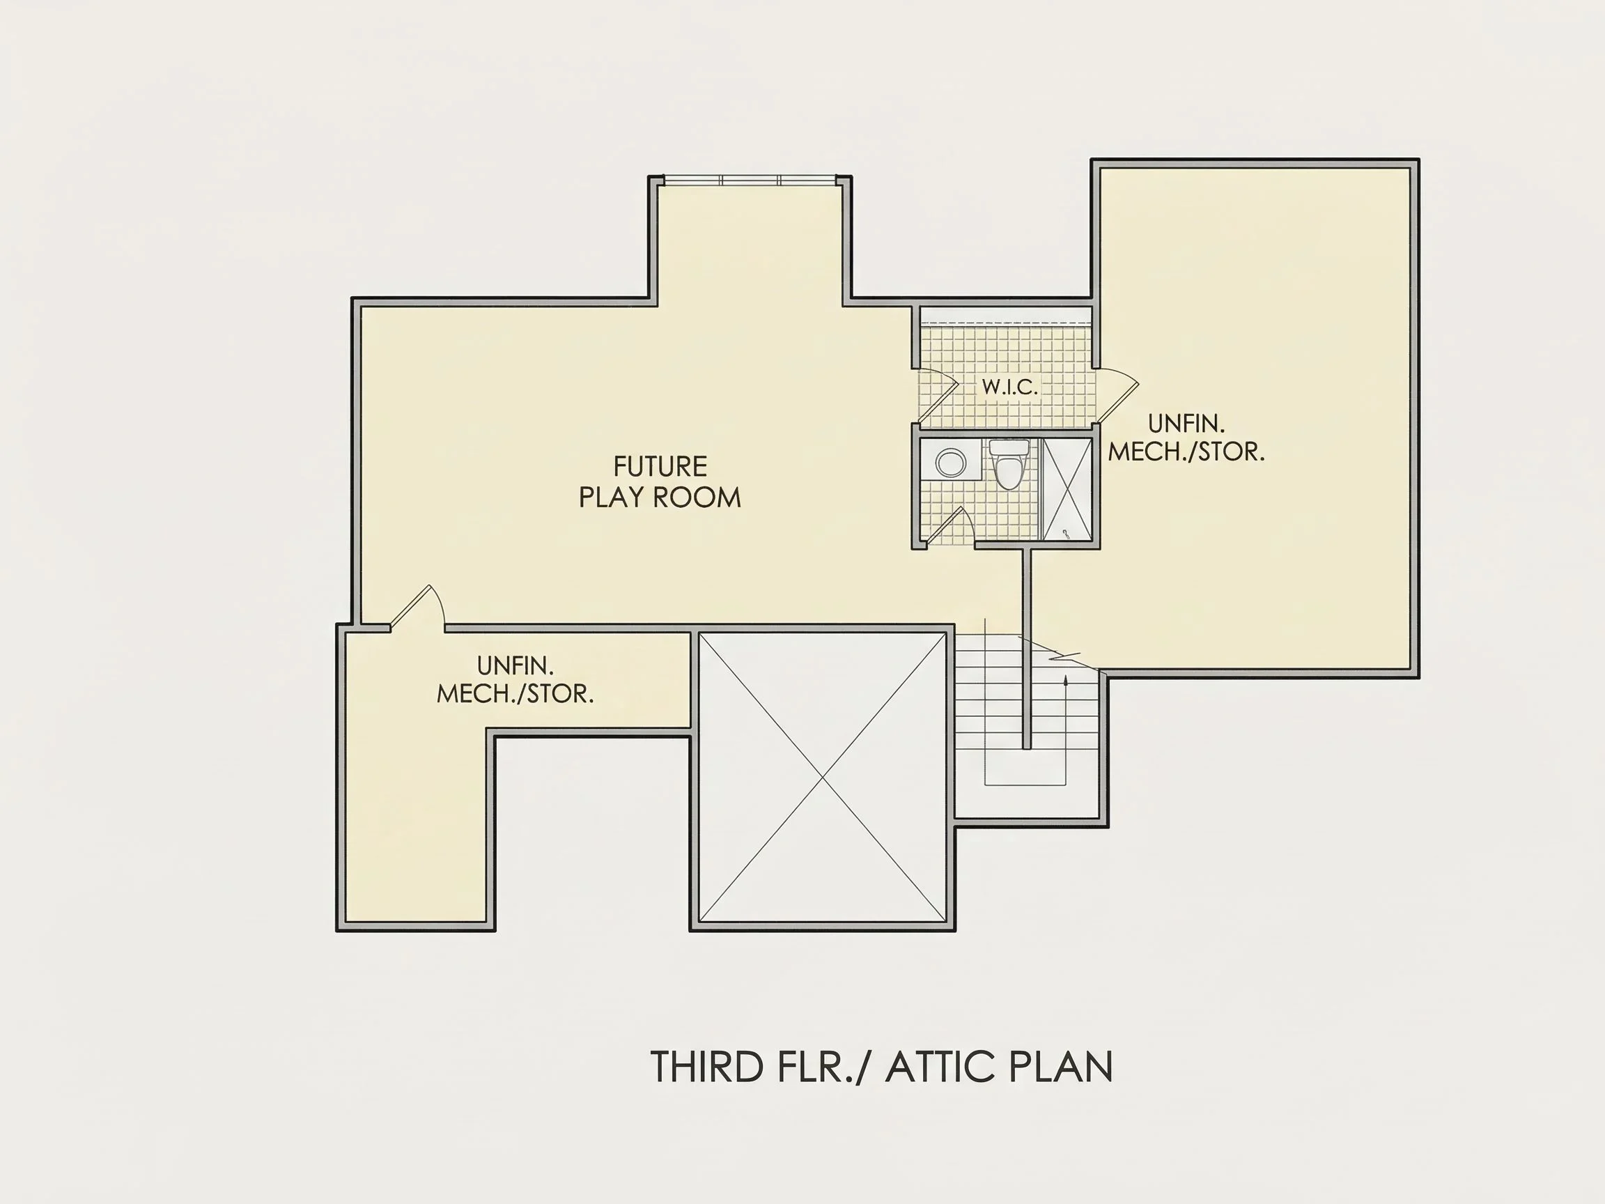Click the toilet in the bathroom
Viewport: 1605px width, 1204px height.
[x=1009, y=465]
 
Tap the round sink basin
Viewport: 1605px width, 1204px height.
[x=949, y=462]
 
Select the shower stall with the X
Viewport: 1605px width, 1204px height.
[x=1067, y=489]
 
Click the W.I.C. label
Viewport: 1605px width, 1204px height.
[x=1010, y=387]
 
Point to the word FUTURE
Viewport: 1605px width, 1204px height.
[x=660, y=467]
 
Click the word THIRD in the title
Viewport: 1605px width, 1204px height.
[x=708, y=1067]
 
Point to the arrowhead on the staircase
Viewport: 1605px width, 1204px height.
[x=1065, y=681]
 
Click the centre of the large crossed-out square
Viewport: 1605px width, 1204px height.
[x=822, y=778]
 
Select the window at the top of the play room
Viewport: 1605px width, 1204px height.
[x=750, y=180]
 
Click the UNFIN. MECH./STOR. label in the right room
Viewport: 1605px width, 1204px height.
[x=1186, y=438]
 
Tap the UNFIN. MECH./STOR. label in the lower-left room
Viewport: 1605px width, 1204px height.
[x=515, y=679]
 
